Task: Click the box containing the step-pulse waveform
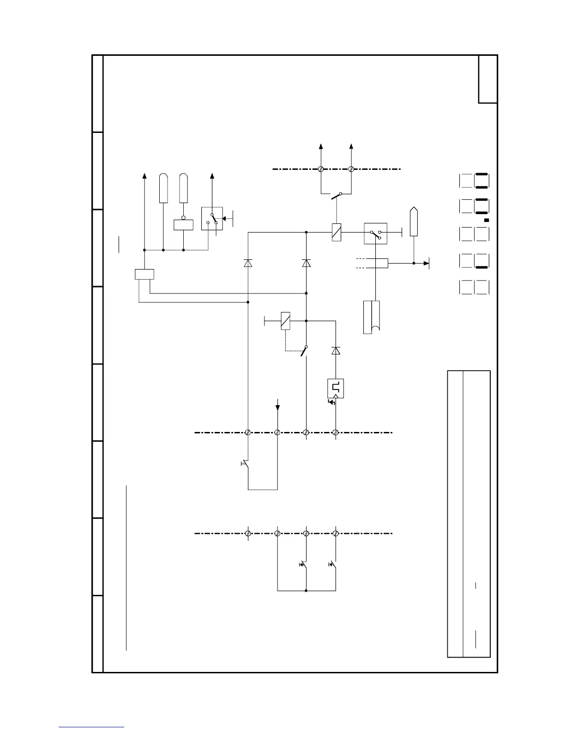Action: pyautogui.click(x=336, y=389)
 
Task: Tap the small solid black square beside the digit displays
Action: pyautogui.click(x=487, y=221)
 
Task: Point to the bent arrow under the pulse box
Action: pyautogui.click(x=331, y=402)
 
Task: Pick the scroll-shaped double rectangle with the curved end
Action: pyautogui.click(x=372, y=317)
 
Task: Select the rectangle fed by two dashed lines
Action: pyautogui.click(x=375, y=263)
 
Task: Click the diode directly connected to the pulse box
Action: pyautogui.click(x=336, y=351)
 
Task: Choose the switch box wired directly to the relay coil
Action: pyautogui.click(x=375, y=234)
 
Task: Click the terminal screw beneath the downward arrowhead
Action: pyautogui.click(x=277, y=432)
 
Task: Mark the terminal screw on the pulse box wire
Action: pyautogui.click(x=336, y=432)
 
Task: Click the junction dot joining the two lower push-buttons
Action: pyautogui.click(x=306, y=590)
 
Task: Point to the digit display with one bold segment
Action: pyautogui.click(x=482, y=260)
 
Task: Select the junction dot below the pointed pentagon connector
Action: pyautogui.click(x=414, y=263)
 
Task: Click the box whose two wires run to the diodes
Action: pyautogui.click(x=144, y=274)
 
